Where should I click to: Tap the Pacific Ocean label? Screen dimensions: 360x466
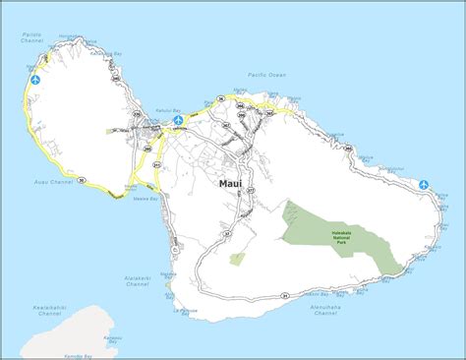point(266,74)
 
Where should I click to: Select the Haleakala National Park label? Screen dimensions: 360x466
point(341,236)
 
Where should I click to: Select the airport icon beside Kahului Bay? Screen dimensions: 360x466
point(178,120)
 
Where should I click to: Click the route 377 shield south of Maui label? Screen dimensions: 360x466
point(250,190)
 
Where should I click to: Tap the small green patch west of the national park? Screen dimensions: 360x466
point(237,259)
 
